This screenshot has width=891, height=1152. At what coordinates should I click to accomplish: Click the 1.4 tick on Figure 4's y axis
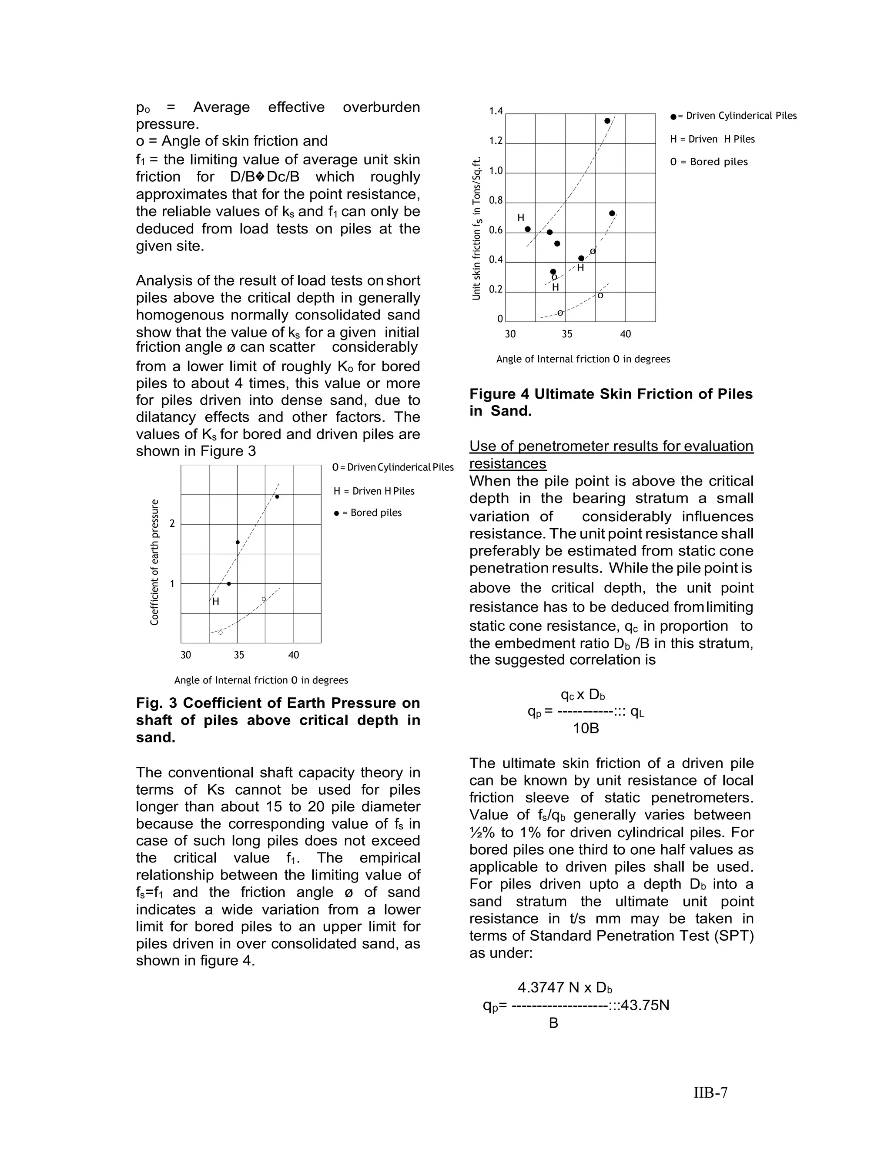(496, 111)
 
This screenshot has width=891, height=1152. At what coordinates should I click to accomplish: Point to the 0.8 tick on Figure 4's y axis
(496, 200)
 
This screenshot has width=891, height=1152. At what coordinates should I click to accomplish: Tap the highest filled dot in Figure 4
(607, 121)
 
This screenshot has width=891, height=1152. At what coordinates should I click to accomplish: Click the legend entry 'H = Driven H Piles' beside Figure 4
(712, 139)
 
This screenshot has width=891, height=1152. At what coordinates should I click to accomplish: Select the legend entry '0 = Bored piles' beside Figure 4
(708, 162)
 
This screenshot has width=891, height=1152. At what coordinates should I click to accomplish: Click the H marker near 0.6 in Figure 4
(520, 218)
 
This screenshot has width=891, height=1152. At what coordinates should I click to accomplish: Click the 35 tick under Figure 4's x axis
(566, 334)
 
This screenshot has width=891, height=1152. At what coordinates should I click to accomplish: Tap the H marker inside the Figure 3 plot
(215, 601)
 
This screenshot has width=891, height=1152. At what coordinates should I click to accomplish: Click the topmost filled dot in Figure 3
(277, 496)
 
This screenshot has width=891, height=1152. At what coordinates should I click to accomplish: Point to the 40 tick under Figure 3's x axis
(294, 655)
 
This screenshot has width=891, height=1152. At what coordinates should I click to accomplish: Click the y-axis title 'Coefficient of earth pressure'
(154, 562)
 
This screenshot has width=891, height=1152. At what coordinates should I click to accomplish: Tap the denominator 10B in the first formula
(586, 729)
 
